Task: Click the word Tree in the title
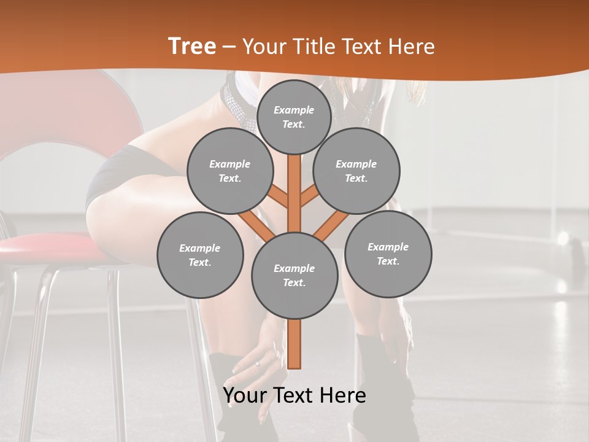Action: tap(192, 46)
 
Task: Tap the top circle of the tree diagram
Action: tap(294, 117)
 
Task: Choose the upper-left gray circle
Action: tap(230, 171)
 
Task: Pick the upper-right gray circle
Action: tap(356, 171)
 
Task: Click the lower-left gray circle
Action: tap(200, 255)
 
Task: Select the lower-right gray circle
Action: tap(388, 254)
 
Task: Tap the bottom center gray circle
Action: tap(294, 275)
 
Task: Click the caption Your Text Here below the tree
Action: tap(294, 395)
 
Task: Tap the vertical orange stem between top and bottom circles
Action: tap(294, 190)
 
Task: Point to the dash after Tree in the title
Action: tap(229, 47)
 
